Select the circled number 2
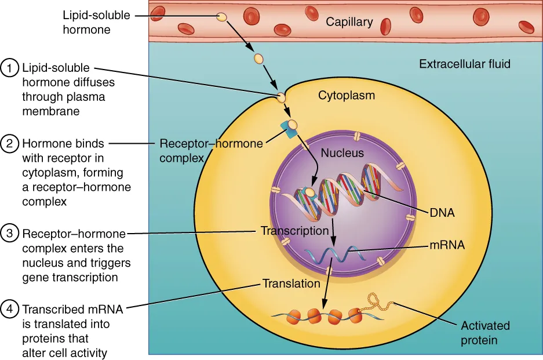tap(10, 143)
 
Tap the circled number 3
tap(10, 234)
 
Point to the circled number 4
tap(10, 309)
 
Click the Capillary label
tap(349, 22)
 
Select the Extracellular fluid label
tap(465, 64)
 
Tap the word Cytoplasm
tap(347, 95)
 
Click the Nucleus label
tap(343, 153)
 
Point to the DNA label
tap(443, 213)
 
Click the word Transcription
tap(294, 231)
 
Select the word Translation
tap(291, 284)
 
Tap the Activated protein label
tap(485, 333)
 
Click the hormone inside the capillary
tap(221, 17)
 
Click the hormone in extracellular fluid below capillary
tap(258, 59)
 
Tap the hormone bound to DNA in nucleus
tap(311, 192)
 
